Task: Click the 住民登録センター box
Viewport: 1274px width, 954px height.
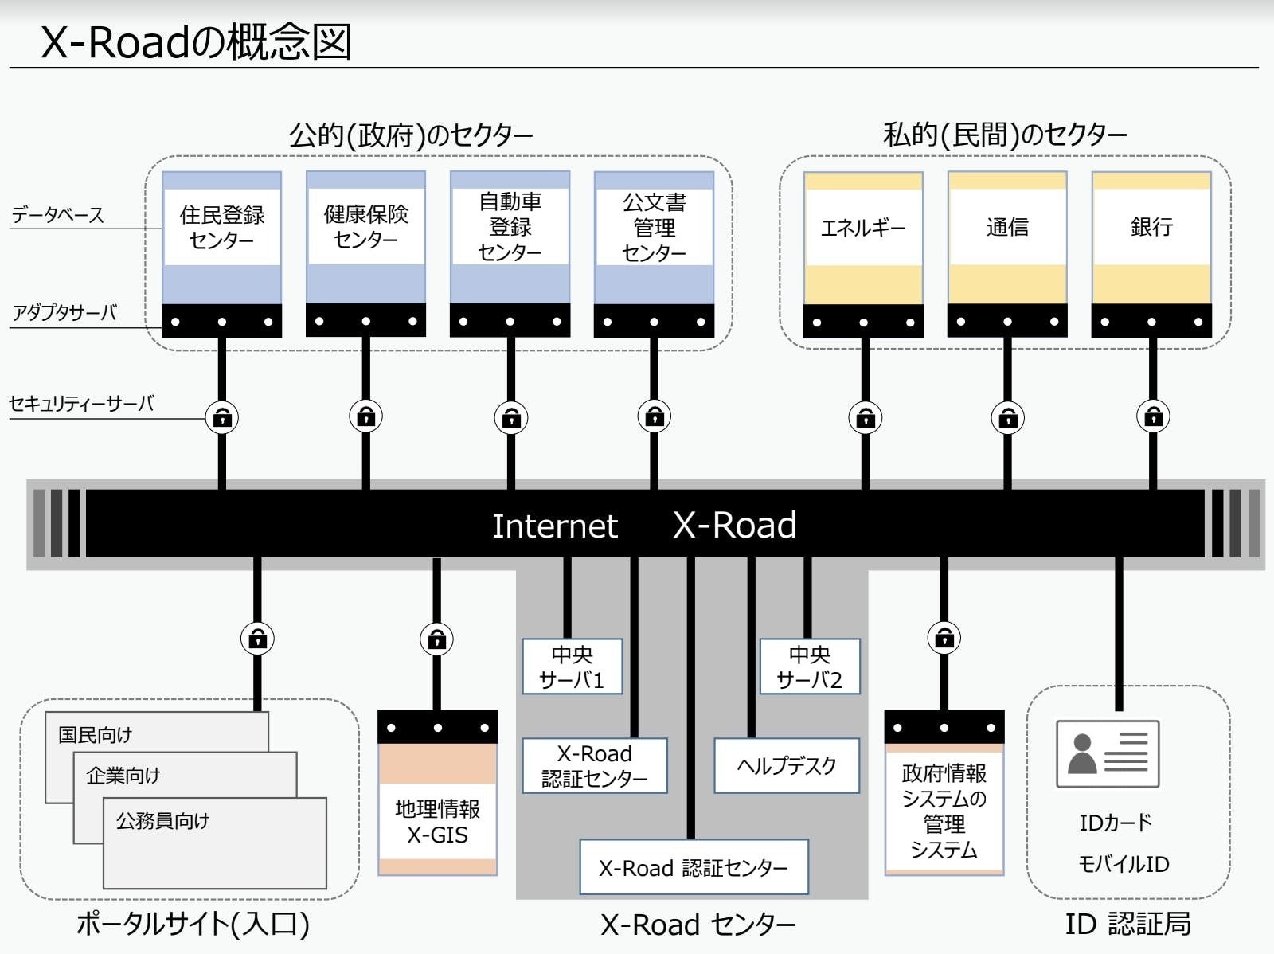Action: coord(222,227)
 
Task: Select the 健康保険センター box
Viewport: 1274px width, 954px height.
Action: coord(366,226)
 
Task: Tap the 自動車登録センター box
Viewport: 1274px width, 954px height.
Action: coord(510,227)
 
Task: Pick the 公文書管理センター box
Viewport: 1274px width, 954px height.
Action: coord(655,228)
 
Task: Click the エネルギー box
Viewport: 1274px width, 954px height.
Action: coord(864,228)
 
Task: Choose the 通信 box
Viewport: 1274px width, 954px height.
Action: coord(1007,228)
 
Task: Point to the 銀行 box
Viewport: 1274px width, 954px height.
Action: coord(1151,227)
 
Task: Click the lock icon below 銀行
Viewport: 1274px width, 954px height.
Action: coord(1153,416)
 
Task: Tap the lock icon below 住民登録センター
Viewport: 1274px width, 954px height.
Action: coord(222,417)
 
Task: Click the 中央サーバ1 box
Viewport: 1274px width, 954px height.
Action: coord(573,667)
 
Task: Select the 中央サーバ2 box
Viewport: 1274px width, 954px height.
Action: coord(810,667)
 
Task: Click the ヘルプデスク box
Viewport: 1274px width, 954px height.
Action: coord(787,765)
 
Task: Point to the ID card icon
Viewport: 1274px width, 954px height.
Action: coord(1107,753)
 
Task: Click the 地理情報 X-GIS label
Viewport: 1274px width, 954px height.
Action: coord(438,822)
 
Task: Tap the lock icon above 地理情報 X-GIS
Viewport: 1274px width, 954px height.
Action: coord(437,639)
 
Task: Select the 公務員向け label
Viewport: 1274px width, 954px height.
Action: coord(163,821)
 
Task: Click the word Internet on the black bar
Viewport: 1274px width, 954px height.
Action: coord(555,526)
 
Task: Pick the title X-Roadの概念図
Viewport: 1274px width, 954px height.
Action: coord(196,42)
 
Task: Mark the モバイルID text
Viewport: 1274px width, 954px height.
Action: coord(1124,864)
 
